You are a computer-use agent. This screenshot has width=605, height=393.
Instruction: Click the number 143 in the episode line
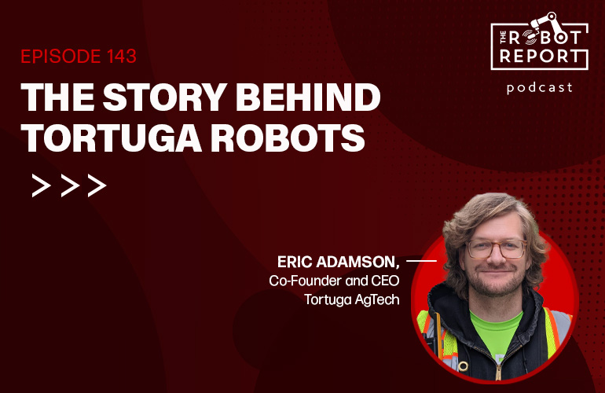pos(122,57)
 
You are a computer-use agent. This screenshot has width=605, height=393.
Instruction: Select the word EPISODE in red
pos(62,57)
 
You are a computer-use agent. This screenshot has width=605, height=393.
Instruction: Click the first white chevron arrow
pos(41,185)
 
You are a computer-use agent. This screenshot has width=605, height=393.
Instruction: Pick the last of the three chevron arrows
pos(97,185)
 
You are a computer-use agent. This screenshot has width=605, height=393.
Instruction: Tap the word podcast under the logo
pos(540,87)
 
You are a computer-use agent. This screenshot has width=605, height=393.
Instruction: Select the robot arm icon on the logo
pos(544,22)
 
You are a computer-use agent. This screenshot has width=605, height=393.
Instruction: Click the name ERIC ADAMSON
pos(338,262)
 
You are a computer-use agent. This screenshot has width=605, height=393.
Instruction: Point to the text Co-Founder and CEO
pos(334,281)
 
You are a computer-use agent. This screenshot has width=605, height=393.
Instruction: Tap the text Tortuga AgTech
pos(352,299)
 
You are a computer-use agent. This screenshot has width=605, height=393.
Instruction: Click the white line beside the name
pos(421,261)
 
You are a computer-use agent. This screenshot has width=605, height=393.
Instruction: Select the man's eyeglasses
pos(497,248)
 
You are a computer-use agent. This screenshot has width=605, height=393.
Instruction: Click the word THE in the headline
pos(57,97)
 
